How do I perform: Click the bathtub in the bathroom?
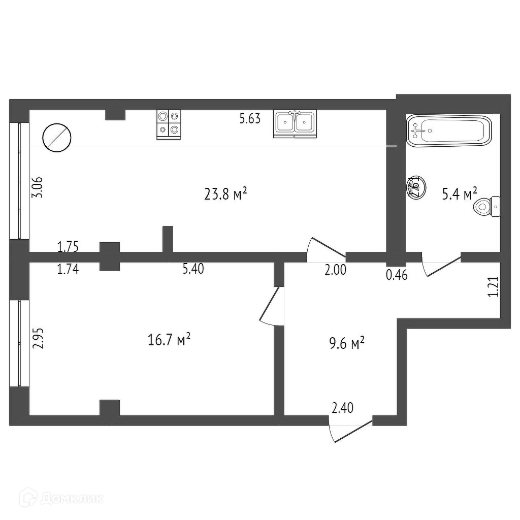(449, 131)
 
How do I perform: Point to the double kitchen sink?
(295, 123)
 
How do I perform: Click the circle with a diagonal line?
(56, 137)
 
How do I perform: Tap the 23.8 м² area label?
(225, 194)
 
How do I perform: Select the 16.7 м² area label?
(169, 340)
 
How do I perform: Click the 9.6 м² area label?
(347, 345)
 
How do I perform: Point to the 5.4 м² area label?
(460, 194)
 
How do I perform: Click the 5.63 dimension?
(250, 119)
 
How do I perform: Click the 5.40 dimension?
(193, 269)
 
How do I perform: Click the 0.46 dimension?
(397, 276)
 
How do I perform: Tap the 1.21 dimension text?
(493, 286)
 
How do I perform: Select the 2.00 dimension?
(335, 270)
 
